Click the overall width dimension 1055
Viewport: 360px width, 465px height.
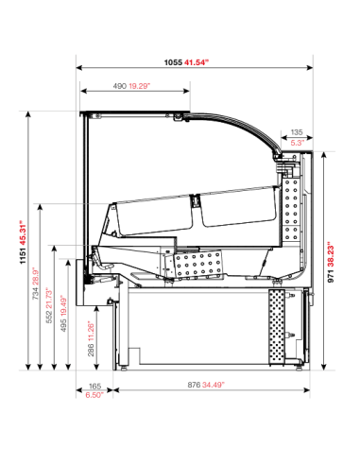pos(173,62)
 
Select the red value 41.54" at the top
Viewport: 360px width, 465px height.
pos(196,62)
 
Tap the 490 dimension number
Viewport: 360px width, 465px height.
pos(120,86)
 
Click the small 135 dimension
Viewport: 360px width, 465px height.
pos(297,133)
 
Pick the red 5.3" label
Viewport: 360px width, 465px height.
pos(297,143)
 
